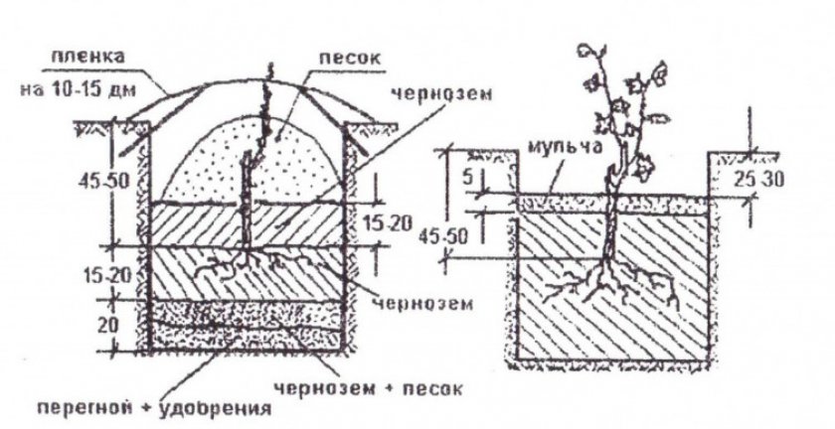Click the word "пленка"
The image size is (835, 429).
click(87, 56)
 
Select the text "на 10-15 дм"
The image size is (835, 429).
click(79, 89)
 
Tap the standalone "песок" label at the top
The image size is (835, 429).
click(349, 58)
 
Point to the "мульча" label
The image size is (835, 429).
click(566, 146)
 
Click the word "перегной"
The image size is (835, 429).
click(84, 408)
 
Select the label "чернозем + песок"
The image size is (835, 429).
click(368, 388)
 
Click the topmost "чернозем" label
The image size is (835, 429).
click(441, 93)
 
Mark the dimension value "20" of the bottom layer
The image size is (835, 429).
click(107, 325)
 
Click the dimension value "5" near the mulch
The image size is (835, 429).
click(468, 177)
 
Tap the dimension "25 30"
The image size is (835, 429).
click(758, 180)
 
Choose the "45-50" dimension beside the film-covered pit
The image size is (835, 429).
click(104, 182)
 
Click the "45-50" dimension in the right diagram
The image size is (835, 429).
click(444, 235)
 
